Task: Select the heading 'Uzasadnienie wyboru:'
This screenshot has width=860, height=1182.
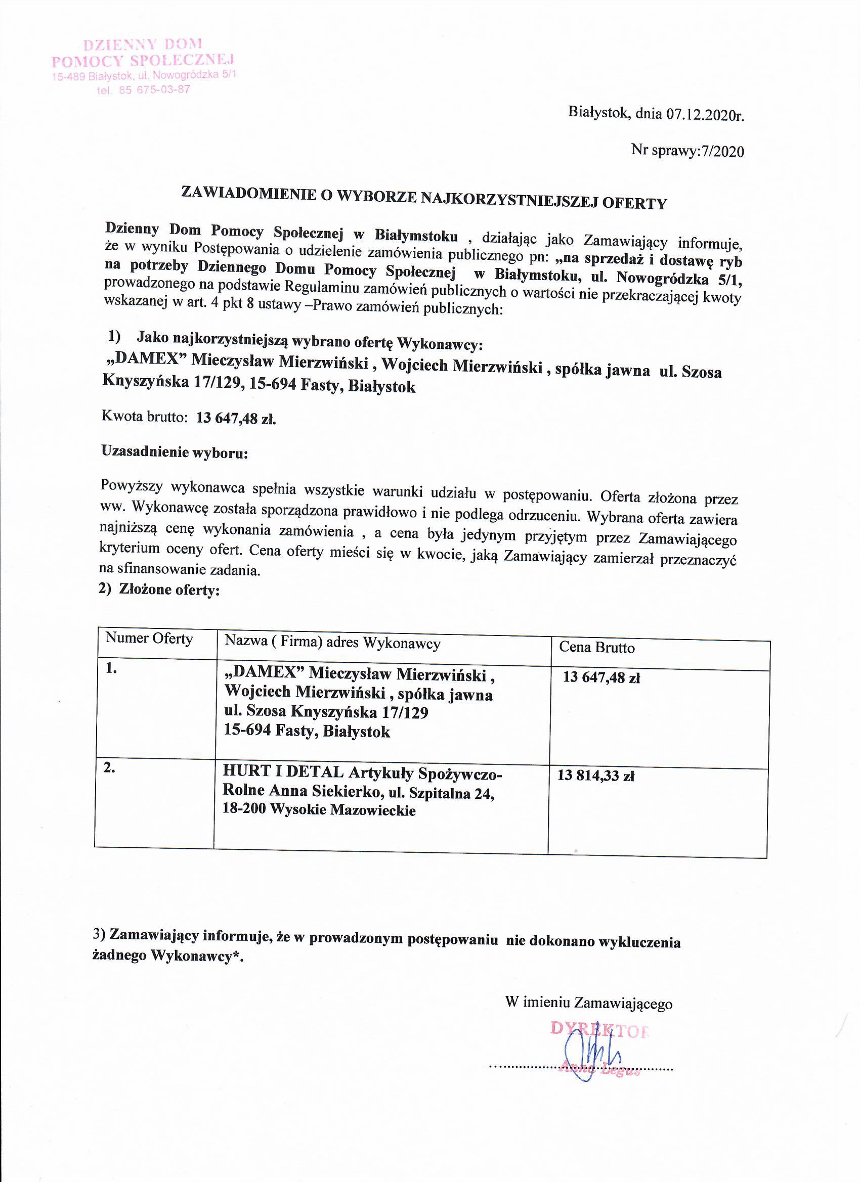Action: [174, 452]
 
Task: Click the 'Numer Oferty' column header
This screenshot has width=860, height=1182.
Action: [149, 639]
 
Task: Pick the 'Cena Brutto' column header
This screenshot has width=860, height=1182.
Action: [596, 647]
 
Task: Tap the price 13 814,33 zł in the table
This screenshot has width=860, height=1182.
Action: [595, 776]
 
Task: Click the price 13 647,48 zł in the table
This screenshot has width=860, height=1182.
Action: [601, 677]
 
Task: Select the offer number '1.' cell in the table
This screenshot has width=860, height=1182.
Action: [111, 669]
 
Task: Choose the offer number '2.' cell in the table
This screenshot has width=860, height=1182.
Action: [109, 768]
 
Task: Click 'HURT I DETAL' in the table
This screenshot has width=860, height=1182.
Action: [283, 771]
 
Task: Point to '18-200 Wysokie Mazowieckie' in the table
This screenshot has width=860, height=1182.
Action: [319, 810]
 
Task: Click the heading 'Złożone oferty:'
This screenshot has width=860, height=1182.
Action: [169, 590]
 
